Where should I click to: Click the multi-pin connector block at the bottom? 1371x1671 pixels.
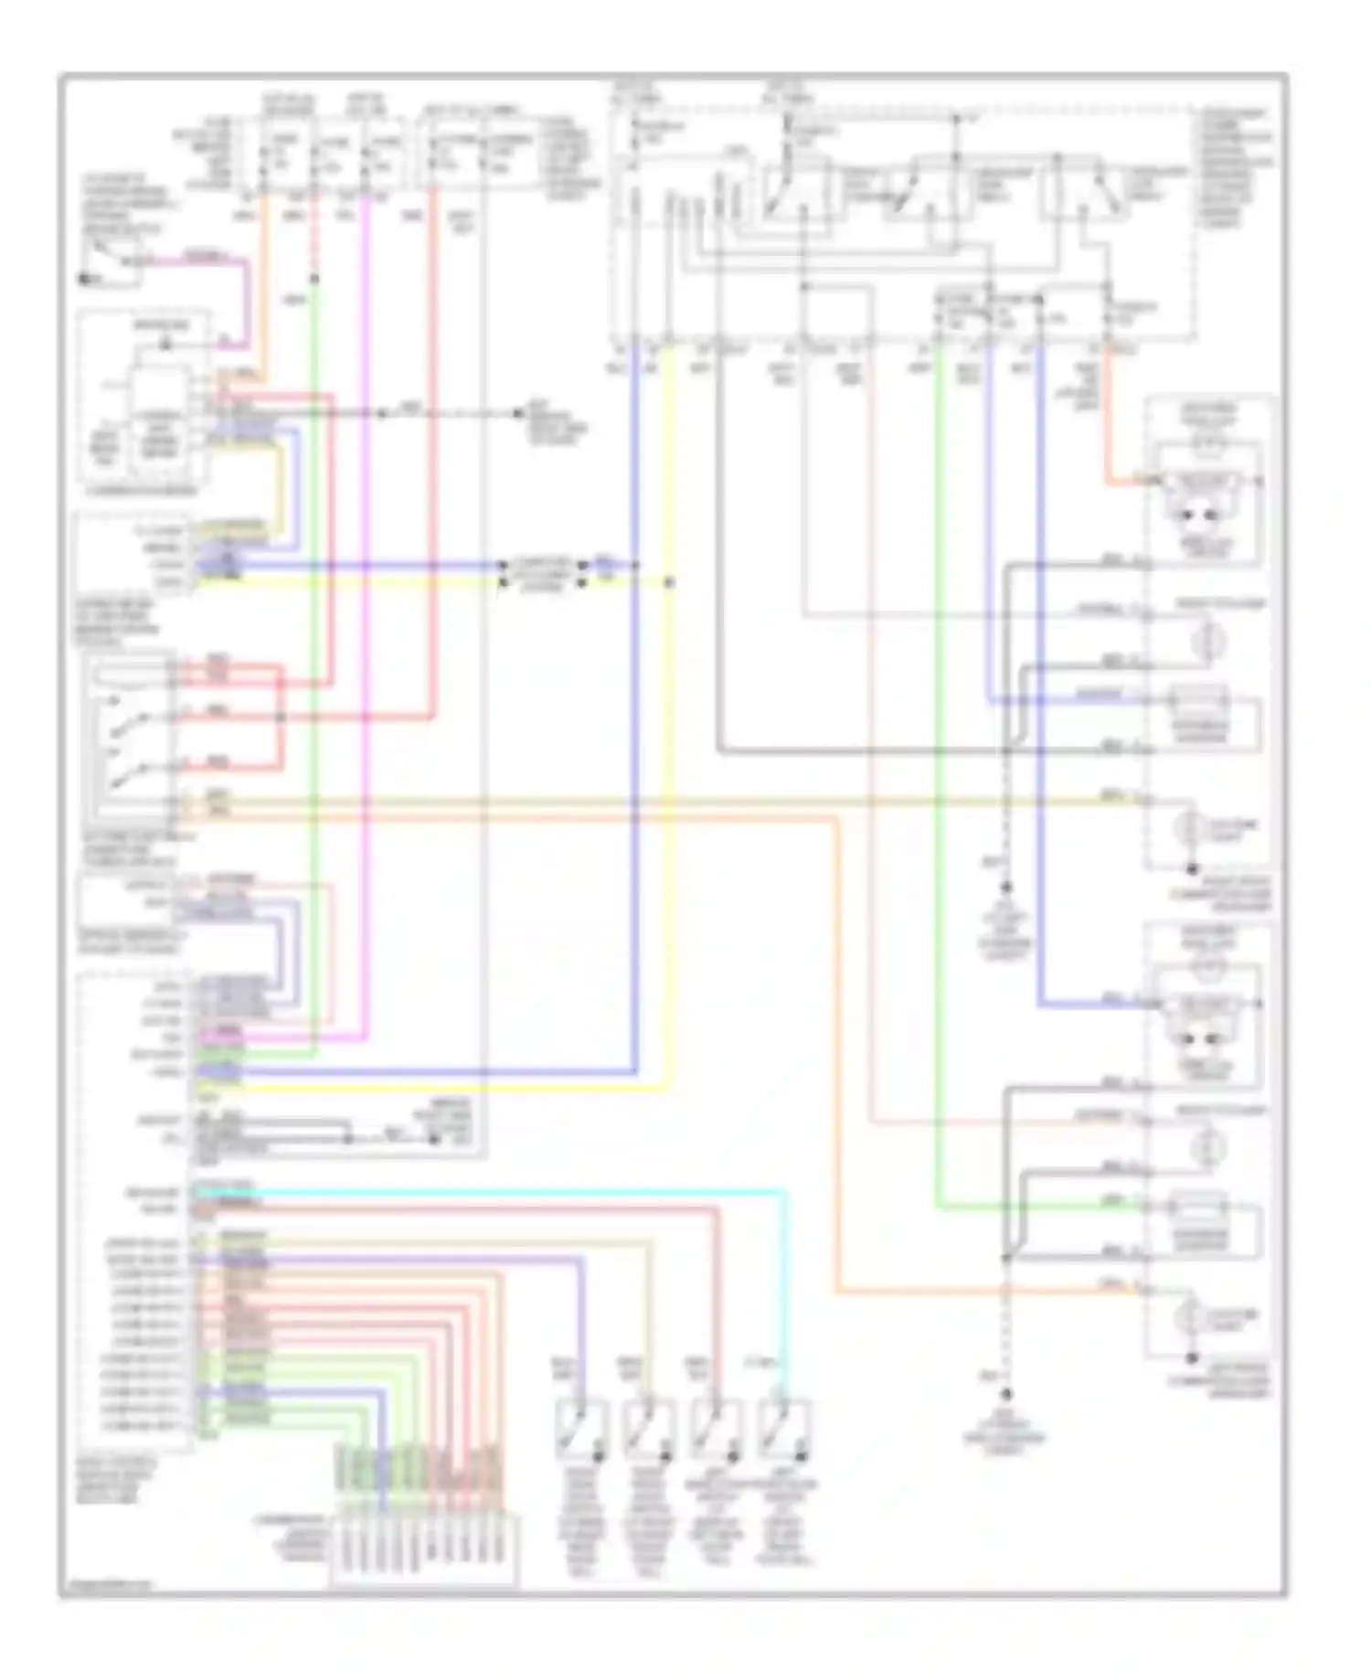point(423,1549)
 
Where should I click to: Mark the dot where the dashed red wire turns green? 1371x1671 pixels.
point(314,279)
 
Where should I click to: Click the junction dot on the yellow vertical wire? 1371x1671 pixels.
point(669,581)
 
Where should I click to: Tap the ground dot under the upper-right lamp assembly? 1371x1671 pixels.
point(1191,869)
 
